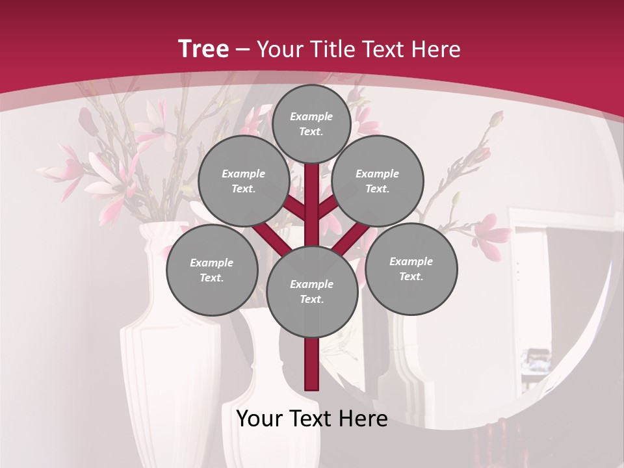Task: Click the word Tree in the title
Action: pos(203,49)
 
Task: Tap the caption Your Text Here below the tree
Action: pos(312,419)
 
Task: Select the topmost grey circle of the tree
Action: pos(311,123)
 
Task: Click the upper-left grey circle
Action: pos(244,181)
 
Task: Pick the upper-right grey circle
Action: pos(378,181)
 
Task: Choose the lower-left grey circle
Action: pos(212,270)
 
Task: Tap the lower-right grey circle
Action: pos(411,268)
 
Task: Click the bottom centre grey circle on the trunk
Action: pos(312,291)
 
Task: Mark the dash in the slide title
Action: pos(242,50)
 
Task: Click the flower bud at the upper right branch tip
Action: pos(497,119)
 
